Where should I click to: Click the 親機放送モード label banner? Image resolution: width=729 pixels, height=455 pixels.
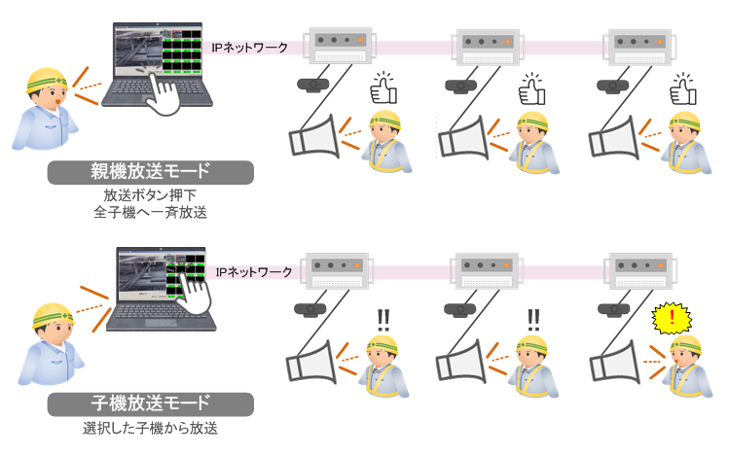[x=151, y=172]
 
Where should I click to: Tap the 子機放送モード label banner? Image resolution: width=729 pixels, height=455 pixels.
[x=151, y=403]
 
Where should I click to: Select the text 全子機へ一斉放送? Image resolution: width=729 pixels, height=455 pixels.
[x=150, y=212]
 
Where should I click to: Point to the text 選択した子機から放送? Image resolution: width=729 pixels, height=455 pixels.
[x=150, y=428]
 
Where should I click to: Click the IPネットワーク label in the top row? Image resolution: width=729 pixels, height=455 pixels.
[x=250, y=48]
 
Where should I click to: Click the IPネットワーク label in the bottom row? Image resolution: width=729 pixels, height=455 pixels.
[x=254, y=271]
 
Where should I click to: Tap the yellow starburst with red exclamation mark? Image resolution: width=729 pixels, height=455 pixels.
[x=672, y=319]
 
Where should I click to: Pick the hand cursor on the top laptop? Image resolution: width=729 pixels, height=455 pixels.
[x=162, y=90]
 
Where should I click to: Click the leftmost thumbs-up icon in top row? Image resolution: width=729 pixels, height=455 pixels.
[x=383, y=88]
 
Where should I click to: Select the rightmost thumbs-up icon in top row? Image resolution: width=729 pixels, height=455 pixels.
[x=683, y=89]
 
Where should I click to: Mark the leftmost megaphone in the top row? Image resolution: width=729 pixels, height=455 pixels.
[x=314, y=137]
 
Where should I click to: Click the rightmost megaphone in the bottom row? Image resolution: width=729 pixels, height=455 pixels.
[x=614, y=362]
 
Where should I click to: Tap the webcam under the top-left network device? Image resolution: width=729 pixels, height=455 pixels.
[x=312, y=86]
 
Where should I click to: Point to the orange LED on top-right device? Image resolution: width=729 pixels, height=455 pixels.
[x=660, y=42]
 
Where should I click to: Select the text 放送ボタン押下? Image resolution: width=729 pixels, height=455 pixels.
[x=150, y=195]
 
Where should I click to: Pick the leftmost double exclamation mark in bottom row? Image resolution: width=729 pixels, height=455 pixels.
[x=383, y=321]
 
